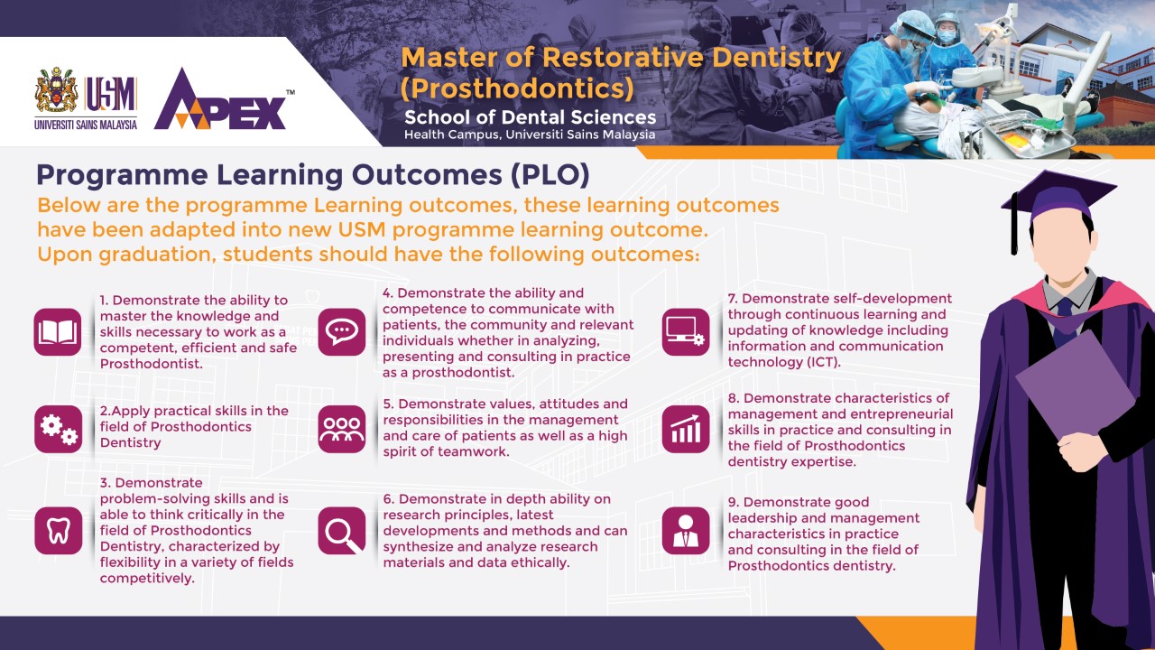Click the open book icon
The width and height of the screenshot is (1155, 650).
pos(58,332)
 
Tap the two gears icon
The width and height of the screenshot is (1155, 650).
pos(59,429)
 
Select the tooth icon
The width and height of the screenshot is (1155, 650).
pos(59,531)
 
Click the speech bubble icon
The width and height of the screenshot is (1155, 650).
pos(342,332)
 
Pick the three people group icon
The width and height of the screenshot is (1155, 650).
pos(342,429)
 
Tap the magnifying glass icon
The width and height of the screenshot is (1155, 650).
pos(342,531)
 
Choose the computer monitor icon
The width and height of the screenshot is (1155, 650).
pos(686,332)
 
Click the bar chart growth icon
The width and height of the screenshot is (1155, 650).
pos(686,429)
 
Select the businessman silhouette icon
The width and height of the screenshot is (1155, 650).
pos(686,531)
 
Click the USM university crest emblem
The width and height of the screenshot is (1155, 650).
pos(56,89)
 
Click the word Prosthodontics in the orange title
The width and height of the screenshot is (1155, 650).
pos(517,88)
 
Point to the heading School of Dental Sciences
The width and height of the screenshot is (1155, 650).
pos(530,117)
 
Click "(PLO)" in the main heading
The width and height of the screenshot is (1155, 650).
pos(550,175)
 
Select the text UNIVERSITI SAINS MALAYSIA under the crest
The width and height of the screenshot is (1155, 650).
pos(86,125)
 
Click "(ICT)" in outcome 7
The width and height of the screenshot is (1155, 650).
pos(820,362)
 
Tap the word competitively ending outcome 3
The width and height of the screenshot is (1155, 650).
pos(147,579)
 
